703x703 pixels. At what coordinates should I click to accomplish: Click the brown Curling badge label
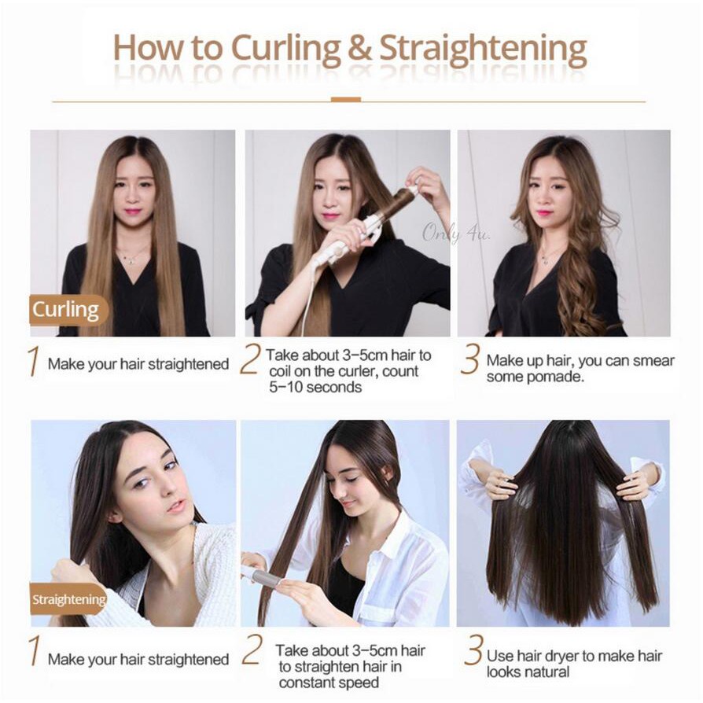click(66, 310)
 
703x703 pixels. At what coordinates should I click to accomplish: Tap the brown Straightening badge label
click(68, 599)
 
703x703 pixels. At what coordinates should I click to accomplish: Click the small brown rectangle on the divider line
click(346, 100)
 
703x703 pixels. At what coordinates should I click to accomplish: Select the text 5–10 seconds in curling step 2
click(315, 387)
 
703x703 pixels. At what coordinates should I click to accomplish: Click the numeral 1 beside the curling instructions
click(32, 363)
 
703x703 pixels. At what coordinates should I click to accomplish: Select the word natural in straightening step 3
click(548, 672)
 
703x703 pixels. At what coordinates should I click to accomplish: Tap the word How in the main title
click(144, 49)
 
